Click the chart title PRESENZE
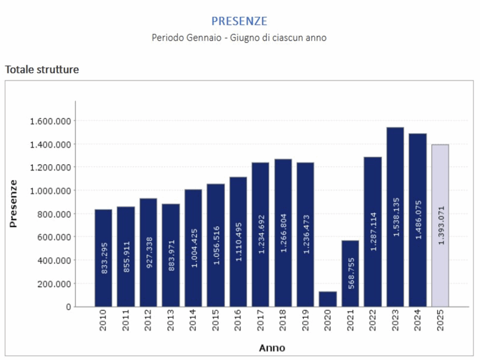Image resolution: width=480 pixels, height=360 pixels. [239, 21]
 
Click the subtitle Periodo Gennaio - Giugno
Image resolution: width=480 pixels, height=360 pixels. [239, 37]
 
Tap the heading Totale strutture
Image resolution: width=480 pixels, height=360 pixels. [42, 70]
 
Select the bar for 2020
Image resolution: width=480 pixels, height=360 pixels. [328, 299]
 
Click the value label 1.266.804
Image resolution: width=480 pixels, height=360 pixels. [283, 233]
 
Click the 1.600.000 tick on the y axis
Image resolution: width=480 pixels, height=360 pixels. [50, 121]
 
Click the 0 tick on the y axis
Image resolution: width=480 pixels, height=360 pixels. [68, 307]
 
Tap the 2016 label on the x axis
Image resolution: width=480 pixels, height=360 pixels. [238, 321]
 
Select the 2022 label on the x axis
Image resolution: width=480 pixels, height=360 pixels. [373, 321]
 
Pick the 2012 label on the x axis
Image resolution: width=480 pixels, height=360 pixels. [148, 321]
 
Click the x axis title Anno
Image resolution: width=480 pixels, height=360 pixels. [272, 348]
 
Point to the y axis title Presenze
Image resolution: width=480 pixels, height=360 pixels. [13, 203]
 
